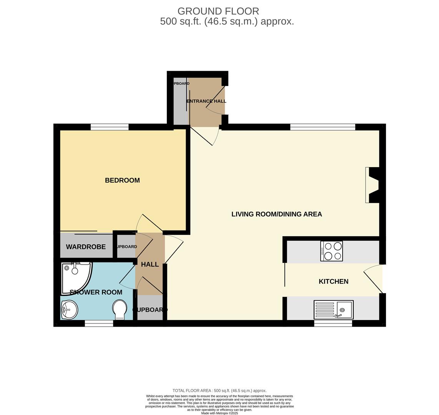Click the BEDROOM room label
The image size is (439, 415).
(122, 180)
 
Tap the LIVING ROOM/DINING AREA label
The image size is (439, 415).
(276, 214)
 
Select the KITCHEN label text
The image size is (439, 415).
(333, 281)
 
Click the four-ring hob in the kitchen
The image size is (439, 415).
(331, 251)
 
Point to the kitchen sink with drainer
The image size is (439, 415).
(333, 310)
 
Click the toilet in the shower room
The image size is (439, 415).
(120, 309)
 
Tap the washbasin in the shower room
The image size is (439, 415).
(69, 309)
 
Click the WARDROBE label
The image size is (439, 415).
(86, 247)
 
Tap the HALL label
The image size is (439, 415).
(150, 264)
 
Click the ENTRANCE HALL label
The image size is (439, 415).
(206, 101)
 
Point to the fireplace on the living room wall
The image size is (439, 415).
(372, 185)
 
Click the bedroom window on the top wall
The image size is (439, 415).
(110, 127)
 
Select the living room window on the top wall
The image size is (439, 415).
(323, 127)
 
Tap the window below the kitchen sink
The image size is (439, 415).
(333, 324)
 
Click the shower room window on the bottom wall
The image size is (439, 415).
(99, 324)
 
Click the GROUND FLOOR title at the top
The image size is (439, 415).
(218, 11)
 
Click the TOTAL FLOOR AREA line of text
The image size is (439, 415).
(219, 390)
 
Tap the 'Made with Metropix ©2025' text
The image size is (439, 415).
(219, 413)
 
